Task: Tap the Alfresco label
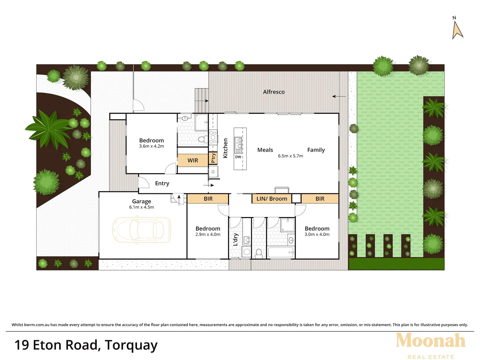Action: tap(274, 92)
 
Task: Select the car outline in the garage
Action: tap(142, 229)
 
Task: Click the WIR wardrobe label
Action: tap(193, 160)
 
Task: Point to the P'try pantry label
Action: tap(213, 158)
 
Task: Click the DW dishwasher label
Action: tap(238, 157)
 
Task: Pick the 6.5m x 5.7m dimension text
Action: tap(290, 156)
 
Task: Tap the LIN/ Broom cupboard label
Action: tap(272, 199)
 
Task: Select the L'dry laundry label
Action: tap(235, 239)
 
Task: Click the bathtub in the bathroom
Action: tap(280, 252)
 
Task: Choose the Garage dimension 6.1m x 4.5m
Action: tap(141, 207)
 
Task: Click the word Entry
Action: tap(162, 183)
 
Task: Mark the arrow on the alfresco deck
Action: tap(339, 97)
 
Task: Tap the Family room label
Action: tap(316, 150)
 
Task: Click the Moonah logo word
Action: tap(430, 341)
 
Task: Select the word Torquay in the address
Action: tap(131, 345)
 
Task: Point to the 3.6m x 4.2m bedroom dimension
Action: tap(151, 146)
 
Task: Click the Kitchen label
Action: tap(225, 148)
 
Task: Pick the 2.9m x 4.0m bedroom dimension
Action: tap(208, 235)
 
